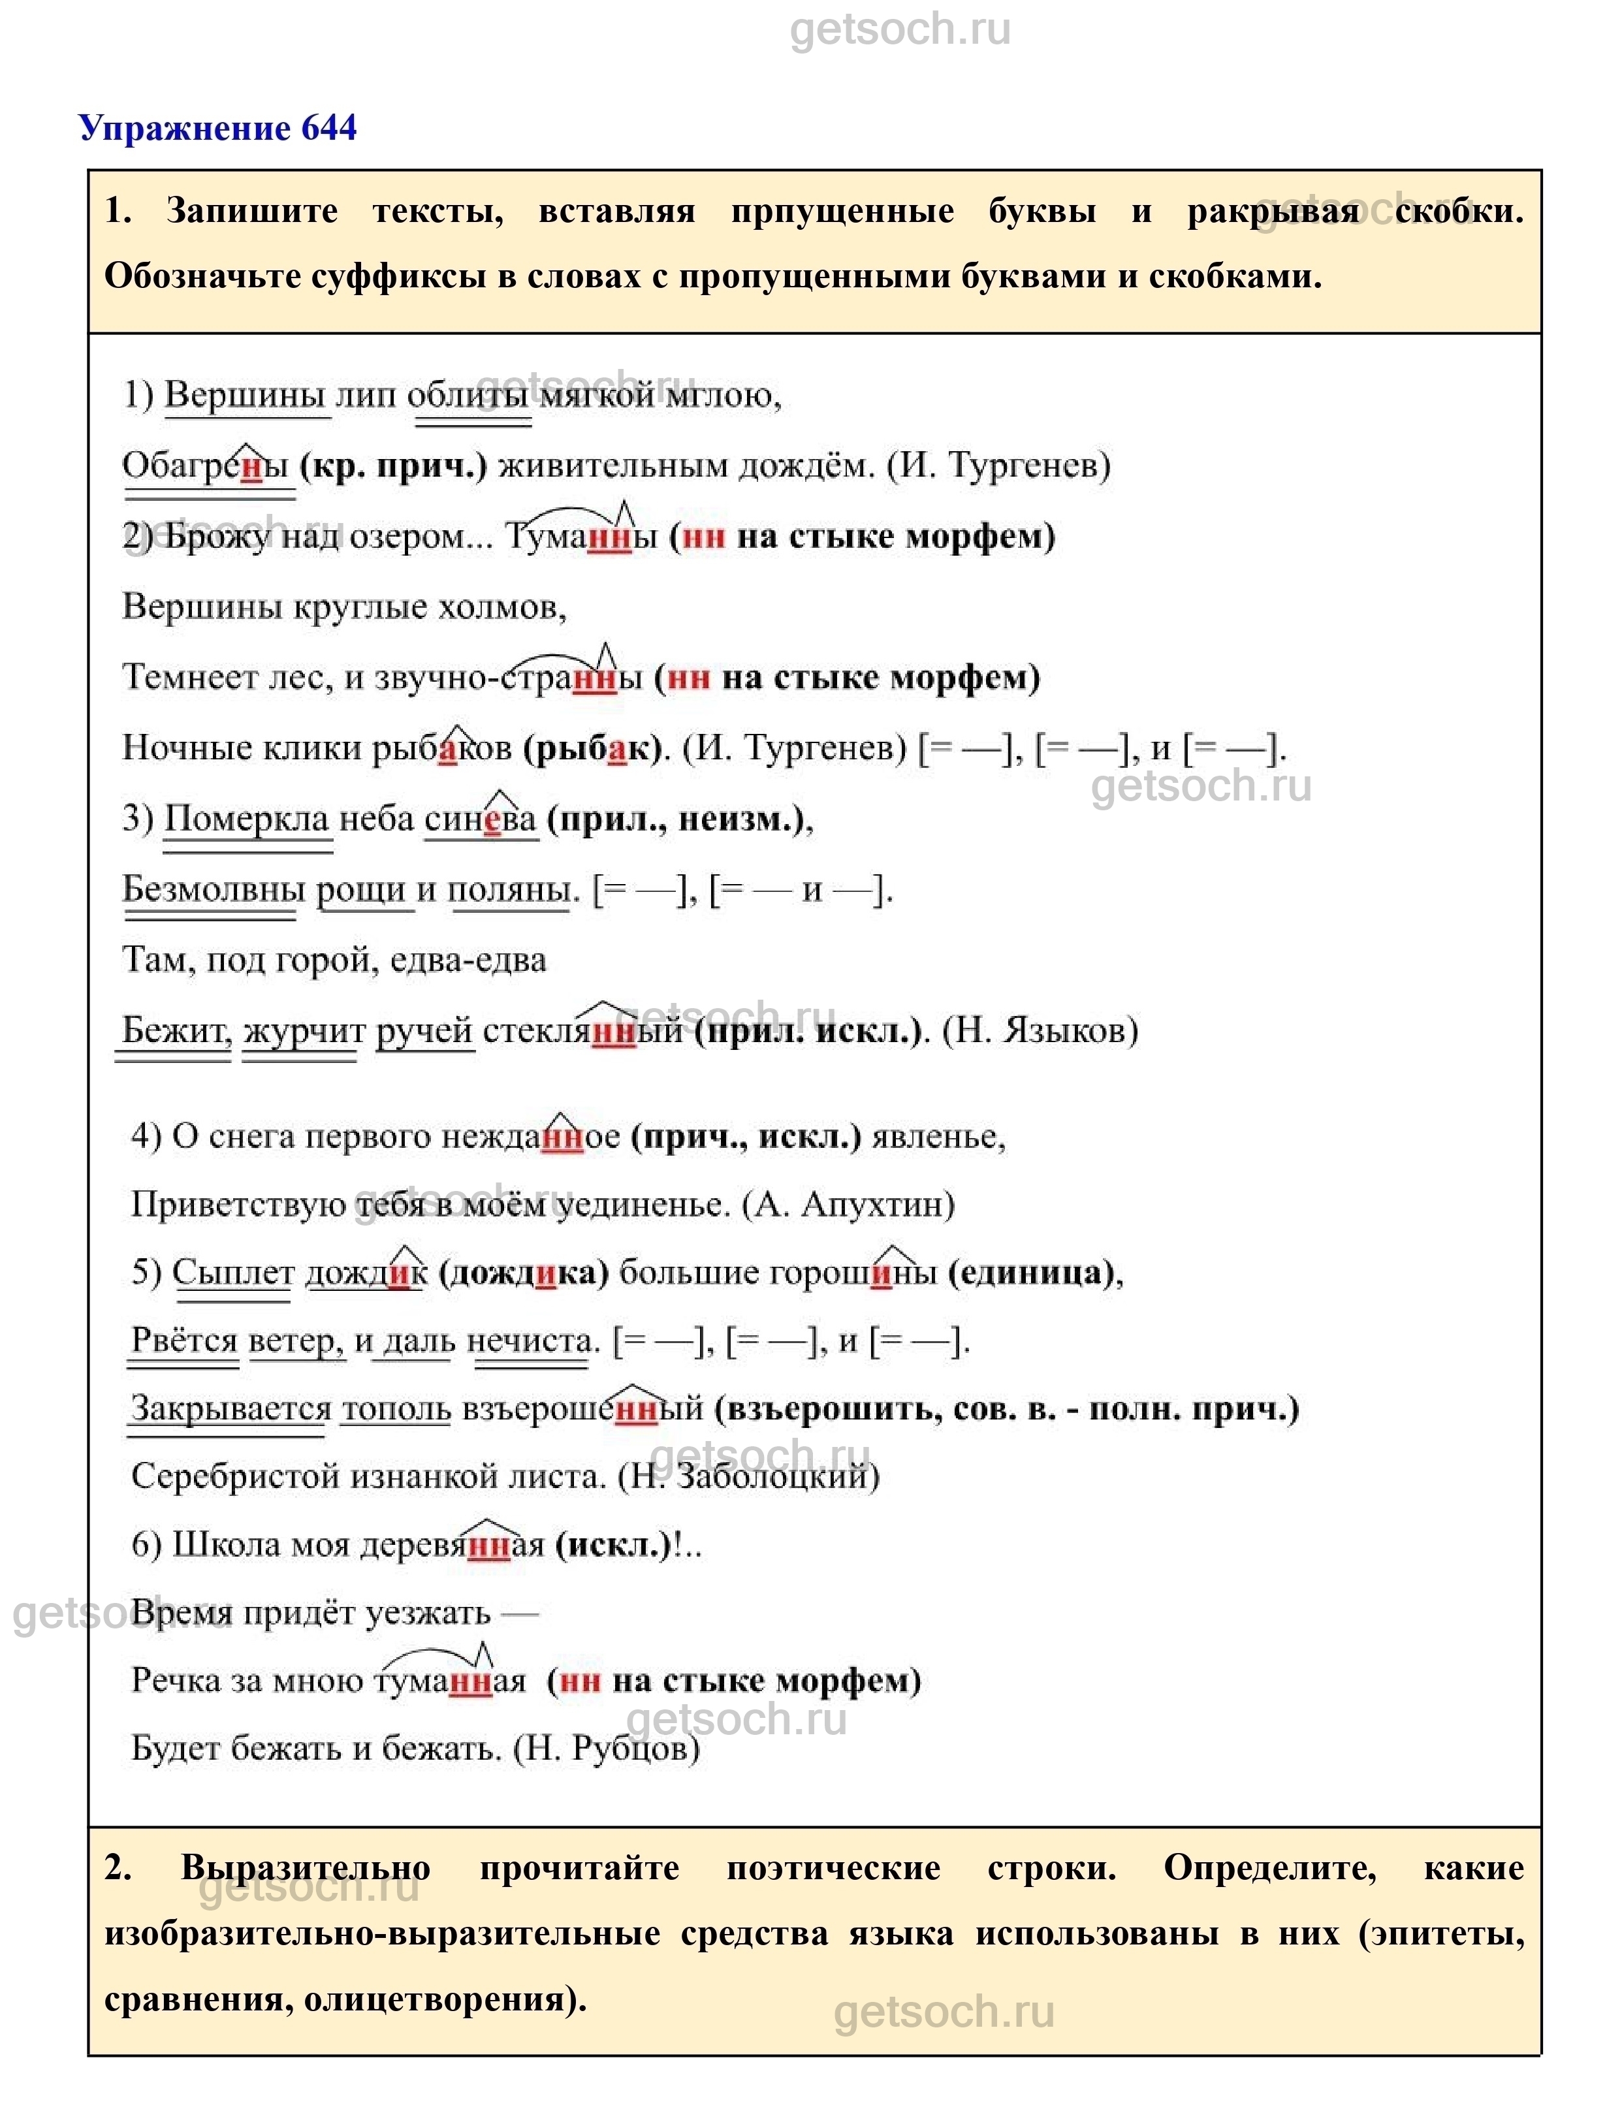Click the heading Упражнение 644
tap(217, 129)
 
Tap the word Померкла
tap(247, 819)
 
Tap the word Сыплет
tap(232, 1273)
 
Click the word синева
tap(479, 819)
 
